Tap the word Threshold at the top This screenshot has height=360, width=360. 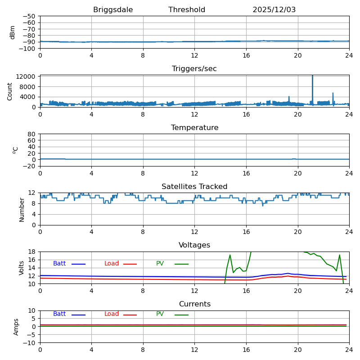tap(187, 10)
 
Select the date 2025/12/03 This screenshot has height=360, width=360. tap(274, 10)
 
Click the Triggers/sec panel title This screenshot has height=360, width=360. tap(194, 69)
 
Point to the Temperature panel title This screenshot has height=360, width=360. tap(194, 128)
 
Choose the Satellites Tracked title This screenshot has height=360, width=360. tap(194, 187)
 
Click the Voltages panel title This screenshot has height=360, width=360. tap(194, 245)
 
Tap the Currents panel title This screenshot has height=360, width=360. tap(194, 304)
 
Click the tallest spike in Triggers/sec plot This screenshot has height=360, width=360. tap(312, 77)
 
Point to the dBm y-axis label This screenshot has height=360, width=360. tap(13, 32)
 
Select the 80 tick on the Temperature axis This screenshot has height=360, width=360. tap(31, 134)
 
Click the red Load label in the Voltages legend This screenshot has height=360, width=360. tap(112, 264)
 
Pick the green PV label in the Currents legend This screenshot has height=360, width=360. tap(160, 314)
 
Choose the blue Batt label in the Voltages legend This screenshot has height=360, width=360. tap(59, 264)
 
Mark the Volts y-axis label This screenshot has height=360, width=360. tap(22, 268)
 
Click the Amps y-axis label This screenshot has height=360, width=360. tap(17, 327)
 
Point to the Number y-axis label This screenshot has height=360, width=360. tap(22, 209)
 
